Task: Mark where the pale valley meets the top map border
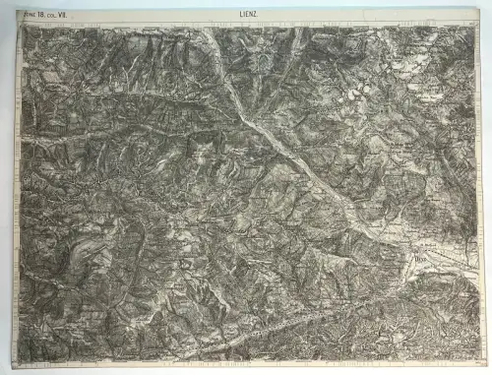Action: pos(209,29)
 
